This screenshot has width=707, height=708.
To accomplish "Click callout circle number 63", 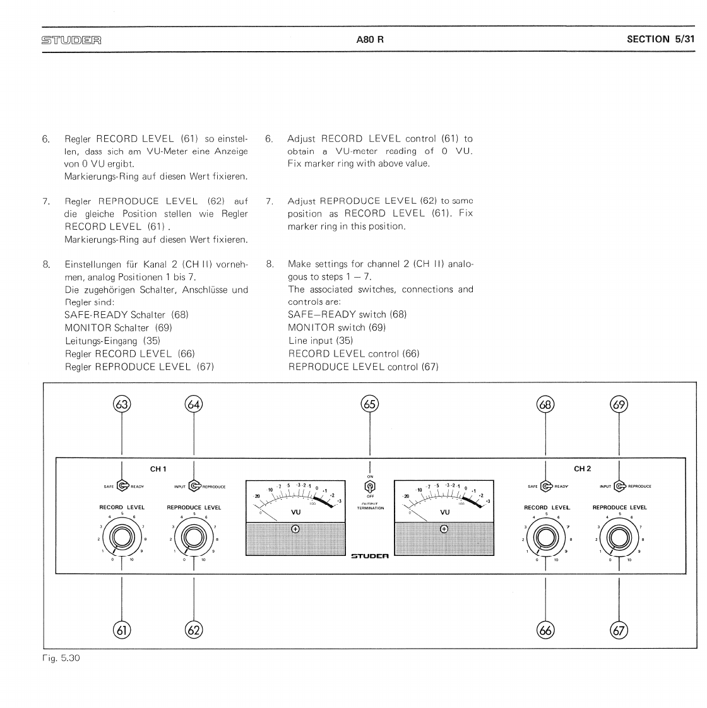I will click(x=122, y=404).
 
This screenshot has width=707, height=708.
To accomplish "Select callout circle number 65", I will click(x=370, y=404).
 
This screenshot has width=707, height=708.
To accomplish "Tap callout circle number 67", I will click(x=619, y=630).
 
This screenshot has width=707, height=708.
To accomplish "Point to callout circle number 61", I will click(x=122, y=630).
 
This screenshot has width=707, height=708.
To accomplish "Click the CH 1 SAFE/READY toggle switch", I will click(x=122, y=486).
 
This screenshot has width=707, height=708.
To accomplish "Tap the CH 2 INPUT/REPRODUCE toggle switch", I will click(x=619, y=486).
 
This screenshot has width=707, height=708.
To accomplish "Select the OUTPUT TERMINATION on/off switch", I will click(x=370, y=486).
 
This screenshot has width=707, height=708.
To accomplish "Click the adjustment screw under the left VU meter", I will click(x=295, y=529).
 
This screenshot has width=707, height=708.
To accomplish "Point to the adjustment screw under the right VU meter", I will click(x=444, y=529).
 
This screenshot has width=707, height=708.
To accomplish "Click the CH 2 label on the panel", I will click(x=582, y=469).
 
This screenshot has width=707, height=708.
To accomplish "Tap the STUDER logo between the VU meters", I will click(x=370, y=556).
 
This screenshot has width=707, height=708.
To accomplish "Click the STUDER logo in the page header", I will click(x=71, y=40).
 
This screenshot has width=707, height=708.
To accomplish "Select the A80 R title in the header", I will click(x=370, y=39).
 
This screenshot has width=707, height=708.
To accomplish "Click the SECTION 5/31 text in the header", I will click(x=660, y=39).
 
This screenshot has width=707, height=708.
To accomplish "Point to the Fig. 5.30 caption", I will click(x=61, y=658).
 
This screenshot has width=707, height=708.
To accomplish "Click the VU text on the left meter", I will click(x=295, y=512).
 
